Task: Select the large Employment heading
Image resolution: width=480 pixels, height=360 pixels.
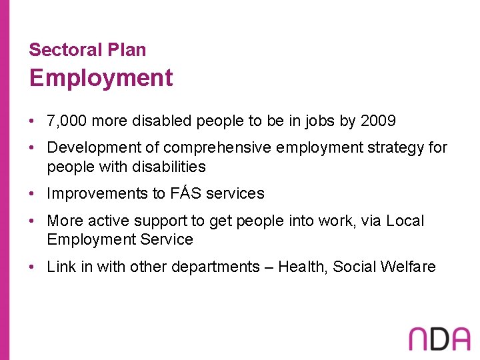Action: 101,79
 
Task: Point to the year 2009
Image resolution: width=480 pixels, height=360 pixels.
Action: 378,121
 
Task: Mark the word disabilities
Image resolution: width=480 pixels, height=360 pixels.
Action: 166,167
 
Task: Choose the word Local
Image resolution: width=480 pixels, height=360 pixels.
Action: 404,221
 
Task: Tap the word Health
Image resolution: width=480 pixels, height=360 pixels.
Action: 301,267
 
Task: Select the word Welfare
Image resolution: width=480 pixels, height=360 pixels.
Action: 409,267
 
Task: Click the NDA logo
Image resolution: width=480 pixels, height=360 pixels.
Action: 439,338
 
